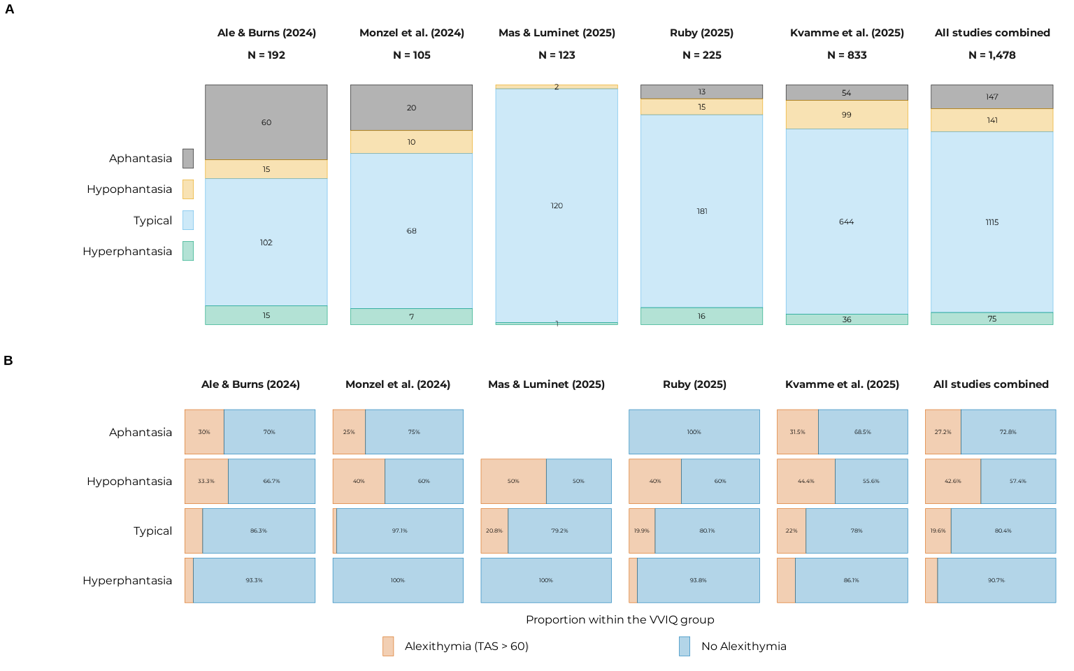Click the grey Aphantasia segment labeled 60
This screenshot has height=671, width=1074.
pos(266,122)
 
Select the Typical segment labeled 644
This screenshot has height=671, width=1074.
pos(847,222)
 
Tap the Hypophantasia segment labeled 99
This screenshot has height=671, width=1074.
pos(847,115)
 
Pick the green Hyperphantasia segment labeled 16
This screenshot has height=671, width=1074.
pos(701,316)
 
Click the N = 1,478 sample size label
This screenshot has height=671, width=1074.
pos(991,55)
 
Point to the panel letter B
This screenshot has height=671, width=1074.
pos(8,361)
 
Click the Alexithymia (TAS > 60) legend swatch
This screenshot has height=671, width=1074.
pos(388,646)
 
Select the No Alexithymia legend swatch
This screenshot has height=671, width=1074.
pos(685,646)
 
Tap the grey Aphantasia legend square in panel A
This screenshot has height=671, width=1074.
pos(188,158)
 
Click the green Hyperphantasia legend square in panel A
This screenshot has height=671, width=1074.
pos(188,251)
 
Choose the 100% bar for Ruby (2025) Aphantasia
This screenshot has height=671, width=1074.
pos(694,432)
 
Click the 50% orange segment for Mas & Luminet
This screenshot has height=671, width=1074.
pos(513,481)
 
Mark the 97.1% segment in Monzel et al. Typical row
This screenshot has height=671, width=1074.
pos(399,531)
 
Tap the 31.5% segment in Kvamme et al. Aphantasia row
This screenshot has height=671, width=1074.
pos(797,432)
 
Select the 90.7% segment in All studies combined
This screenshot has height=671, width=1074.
pos(996,580)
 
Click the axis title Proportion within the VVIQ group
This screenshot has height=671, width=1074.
pos(620,620)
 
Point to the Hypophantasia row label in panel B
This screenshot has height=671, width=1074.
pos(129,481)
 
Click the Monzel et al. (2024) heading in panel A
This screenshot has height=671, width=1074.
pos(411,33)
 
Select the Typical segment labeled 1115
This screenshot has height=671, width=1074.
pos(991,222)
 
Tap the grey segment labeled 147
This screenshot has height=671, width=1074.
pos(991,96)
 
